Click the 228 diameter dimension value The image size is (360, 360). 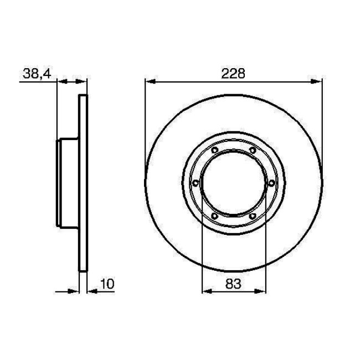[233, 73]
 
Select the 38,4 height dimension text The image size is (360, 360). [37, 73]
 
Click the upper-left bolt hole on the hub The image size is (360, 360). [214, 151]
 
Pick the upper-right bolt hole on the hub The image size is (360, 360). [252, 151]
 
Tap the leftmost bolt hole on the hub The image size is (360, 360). [195, 183]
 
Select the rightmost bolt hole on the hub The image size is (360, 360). [271, 183]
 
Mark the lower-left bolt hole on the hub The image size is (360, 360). [214, 217]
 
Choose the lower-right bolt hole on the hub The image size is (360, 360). [252, 217]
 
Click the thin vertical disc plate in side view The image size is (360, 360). [84, 183]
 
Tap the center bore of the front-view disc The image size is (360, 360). [233, 183]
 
